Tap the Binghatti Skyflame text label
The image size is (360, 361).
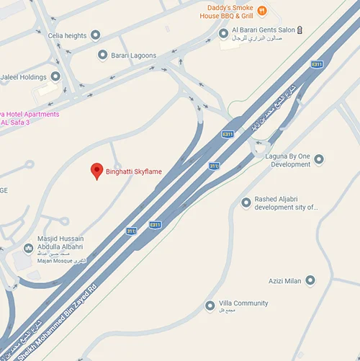click(134, 171)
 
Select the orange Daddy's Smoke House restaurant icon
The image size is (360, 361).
click(262, 10)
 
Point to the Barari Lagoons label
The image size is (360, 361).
click(133, 55)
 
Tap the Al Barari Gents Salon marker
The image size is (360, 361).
click(223, 32)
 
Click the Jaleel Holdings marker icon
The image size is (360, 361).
click(55, 76)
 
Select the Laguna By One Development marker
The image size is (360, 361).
click(319, 159)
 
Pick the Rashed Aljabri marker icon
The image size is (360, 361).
click(246, 202)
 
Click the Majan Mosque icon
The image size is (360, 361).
click(28, 249)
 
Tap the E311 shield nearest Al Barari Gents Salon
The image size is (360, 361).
click(228, 134)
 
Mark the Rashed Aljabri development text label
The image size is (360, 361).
click(286, 203)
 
